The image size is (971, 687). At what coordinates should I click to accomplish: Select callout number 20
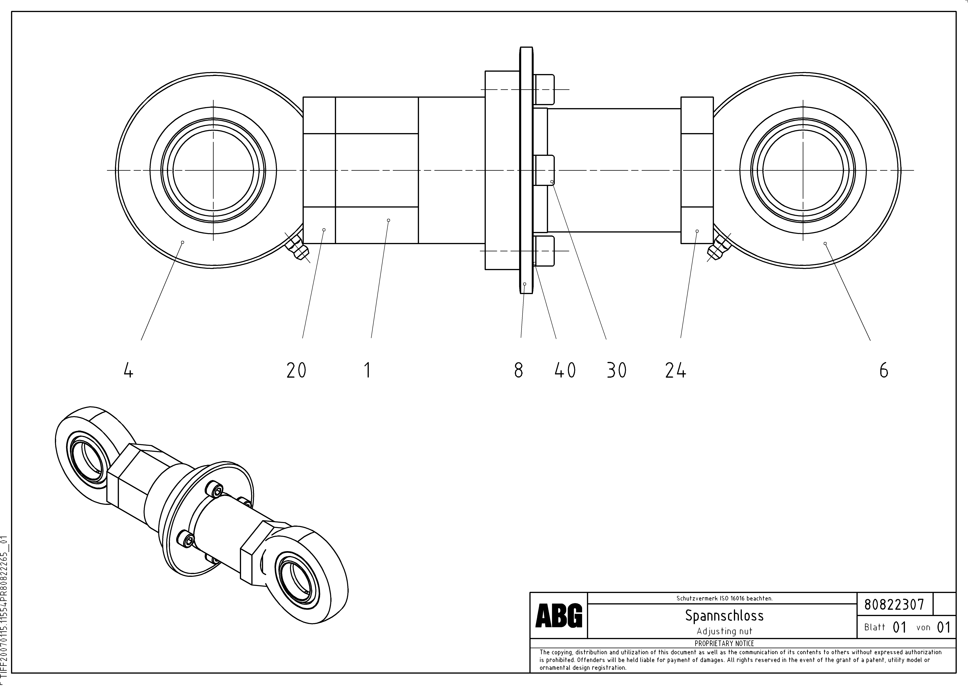pyautogui.click(x=296, y=371)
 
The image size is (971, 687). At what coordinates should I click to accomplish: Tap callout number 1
pyautogui.click(x=367, y=371)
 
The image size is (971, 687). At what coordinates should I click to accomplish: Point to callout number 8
pyautogui.click(x=519, y=371)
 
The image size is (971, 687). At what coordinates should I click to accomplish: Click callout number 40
pyautogui.click(x=565, y=371)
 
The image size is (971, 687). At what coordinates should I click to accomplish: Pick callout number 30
pyautogui.click(x=616, y=371)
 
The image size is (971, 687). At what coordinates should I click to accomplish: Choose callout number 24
pyautogui.click(x=675, y=371)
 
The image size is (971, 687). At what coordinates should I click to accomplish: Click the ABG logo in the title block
pyautogui.click(x=559, y=616)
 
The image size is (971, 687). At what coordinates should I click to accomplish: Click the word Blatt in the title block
pyautogui.click(x=875, y=627)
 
